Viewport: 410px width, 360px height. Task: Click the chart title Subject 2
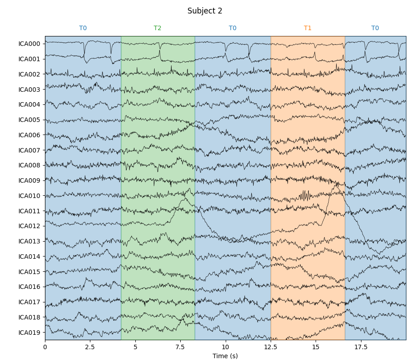click(205, 11)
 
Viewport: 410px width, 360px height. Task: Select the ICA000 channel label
click(29, 44)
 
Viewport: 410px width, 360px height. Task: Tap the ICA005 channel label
click(29, 120)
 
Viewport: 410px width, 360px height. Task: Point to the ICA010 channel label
click(29, 196)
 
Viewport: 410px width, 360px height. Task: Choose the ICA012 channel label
click(29, 226)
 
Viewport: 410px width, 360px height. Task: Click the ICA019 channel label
click(29, 333)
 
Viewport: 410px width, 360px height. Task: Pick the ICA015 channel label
click(29, 272)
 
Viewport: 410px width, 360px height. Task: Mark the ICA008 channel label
click(29, 165)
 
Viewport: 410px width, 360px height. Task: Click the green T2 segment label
click(157, 28)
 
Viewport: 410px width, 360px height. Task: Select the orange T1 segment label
click(307, 28)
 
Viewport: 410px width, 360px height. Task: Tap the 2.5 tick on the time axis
click(90, 347)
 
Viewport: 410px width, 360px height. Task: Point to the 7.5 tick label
click(180, 347)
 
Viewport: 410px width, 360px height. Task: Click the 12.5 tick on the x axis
click(271, 347)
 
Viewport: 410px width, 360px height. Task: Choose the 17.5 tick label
click(361, 347)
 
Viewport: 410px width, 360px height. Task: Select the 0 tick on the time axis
click(45, 347)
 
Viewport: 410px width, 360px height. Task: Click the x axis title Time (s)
click(225, 356)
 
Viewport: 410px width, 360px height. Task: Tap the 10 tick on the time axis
click(226, 347)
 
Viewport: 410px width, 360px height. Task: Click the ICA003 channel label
click(29, 90)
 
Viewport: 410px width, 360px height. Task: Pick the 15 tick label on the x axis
click(316, 347)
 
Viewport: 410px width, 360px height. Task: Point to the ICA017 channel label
click(29, 302)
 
